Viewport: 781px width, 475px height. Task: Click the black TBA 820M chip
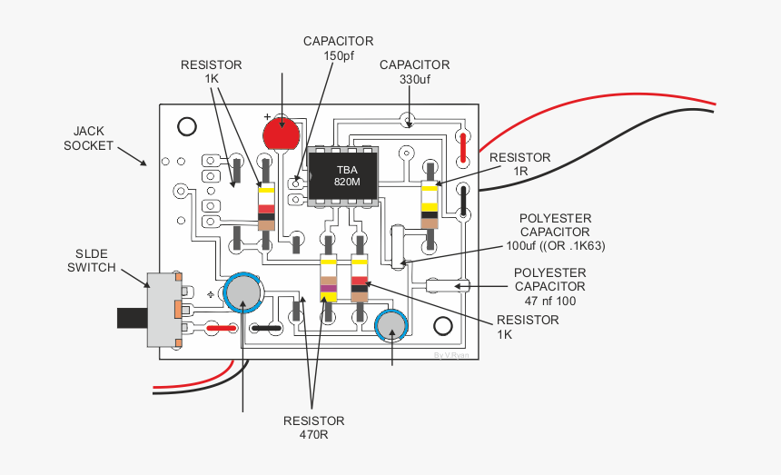click(342, 176)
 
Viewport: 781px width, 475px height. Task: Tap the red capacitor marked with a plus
click(282, 133)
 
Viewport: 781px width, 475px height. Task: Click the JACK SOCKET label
click(88, 138)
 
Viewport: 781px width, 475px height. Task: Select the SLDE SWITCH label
click(91, 261)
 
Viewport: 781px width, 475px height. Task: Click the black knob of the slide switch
click(132, 318)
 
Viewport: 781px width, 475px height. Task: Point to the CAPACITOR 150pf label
click(338, 48)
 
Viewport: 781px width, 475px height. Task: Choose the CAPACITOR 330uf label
click(414, 72)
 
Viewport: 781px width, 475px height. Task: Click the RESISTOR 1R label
click(519, 164)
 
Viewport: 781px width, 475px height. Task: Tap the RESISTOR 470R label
click(314, 428)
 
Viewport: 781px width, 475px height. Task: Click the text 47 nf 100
click(550, 301)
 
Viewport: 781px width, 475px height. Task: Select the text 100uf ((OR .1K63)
click(556, 245)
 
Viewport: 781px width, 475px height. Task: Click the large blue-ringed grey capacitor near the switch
click(243, 292)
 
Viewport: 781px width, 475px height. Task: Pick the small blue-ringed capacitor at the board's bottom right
click(391, 326)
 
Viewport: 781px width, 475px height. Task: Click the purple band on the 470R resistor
click(328, 288)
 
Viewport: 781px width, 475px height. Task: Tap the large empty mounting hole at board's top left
click(187, 126)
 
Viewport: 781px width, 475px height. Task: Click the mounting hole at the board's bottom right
click(443, 326)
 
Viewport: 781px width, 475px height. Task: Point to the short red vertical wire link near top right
click(463, 148)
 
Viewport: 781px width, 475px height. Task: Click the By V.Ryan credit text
click(450, 355)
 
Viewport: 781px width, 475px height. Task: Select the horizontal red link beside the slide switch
click(222, 328)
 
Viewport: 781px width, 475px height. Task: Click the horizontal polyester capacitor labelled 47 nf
click(448, 286)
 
